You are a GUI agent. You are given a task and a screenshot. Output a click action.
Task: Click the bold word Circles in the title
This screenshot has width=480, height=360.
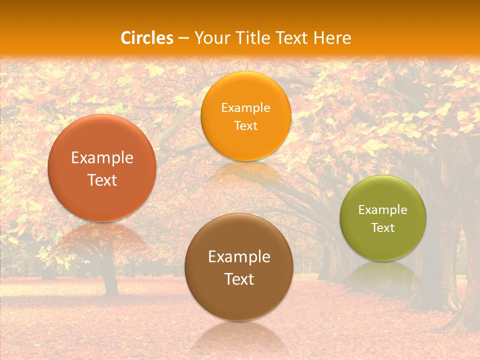coord(147,38)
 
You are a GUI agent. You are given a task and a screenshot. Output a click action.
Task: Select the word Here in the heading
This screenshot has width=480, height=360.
coord(332,38)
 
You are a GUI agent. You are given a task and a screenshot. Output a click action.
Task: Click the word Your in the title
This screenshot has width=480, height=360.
coord(210,38)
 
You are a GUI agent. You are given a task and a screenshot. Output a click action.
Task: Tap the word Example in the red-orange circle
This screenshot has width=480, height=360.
coord(102,158)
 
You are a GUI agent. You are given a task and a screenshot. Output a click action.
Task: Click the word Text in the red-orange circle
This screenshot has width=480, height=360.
coord(102,180)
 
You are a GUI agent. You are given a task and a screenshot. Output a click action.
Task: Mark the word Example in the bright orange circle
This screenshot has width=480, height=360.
coord(245,108)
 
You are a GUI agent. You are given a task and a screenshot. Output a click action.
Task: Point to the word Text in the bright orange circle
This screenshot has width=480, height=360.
coord(245,125)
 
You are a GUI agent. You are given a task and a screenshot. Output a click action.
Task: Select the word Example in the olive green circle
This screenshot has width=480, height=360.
coord(383,210)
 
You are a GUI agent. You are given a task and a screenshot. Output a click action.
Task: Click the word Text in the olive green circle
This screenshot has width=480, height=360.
coord(383,227)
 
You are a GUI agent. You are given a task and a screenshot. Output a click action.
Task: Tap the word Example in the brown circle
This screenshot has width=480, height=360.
coord(239,257)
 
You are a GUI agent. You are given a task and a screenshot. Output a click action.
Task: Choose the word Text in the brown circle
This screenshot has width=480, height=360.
coord(239,279)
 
